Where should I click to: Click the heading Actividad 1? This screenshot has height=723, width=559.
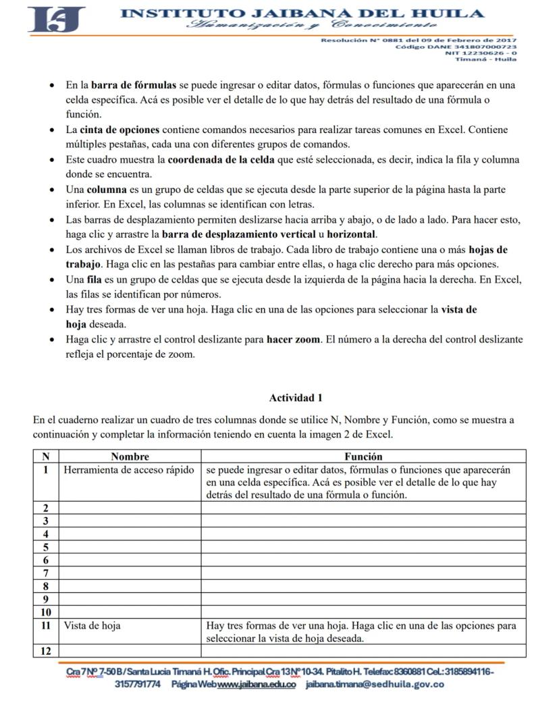click(x=296, y=398)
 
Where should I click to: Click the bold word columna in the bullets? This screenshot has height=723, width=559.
click(x=107, y=190)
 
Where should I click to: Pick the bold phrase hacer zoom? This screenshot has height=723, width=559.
click(x=293, y=340)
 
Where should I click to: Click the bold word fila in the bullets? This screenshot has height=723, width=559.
click(x=94, y=279)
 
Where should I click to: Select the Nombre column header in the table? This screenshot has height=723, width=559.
click(x=130, y=456)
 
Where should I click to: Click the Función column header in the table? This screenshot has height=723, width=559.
click(x=363, y=456)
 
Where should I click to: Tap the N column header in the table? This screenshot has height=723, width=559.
click(x=46, y=456)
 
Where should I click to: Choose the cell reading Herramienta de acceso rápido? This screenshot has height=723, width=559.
click(x=129, y=470)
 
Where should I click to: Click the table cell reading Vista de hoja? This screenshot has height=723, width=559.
click(x=92, y=626)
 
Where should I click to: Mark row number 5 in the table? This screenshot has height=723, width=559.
click(x=46, y=547)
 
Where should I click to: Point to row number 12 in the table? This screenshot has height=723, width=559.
click(x=46, y=651)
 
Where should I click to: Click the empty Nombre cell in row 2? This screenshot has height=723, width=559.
click(x=130, y=508)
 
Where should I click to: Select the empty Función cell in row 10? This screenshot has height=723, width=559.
click(x=363, y=612)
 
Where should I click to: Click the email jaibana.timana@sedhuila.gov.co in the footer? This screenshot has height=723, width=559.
click(x=375, y=685)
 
